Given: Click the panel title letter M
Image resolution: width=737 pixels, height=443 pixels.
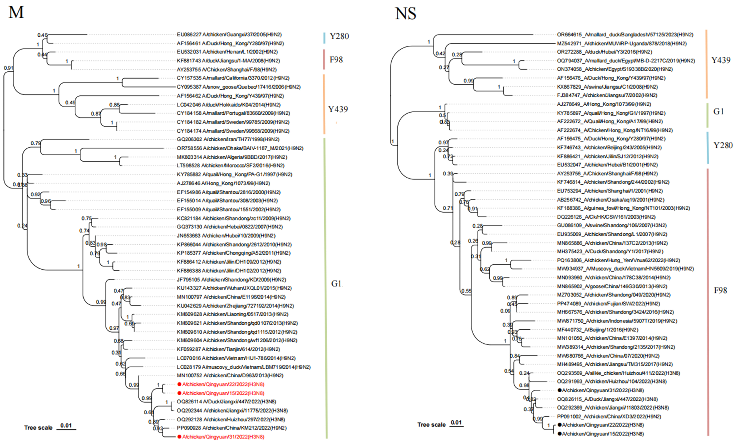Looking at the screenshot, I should click(16, 12).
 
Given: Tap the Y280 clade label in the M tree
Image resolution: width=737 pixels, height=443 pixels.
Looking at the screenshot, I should click(339, 36).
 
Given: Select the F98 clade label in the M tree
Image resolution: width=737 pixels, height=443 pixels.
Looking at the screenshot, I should click(336, 60).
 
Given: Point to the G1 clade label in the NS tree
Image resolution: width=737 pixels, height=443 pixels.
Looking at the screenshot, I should click(718, 112).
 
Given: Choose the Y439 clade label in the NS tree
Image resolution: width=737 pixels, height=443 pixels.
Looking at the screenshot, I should click(720, 60).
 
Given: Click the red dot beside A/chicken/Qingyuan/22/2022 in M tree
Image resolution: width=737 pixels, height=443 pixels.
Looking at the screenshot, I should click(179, 384).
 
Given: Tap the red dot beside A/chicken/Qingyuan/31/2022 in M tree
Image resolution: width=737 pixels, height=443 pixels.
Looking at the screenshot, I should click(179, 437).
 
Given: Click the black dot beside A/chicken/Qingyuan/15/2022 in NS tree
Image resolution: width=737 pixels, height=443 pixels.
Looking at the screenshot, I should click(559, 434).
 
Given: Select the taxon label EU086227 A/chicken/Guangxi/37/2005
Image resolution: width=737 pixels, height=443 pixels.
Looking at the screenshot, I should click(229, 35).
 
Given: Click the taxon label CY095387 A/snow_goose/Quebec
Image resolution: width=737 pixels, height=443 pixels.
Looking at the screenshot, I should click(239, 87).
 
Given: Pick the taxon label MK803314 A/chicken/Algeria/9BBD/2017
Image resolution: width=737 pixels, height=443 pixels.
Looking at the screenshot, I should click(232, 157).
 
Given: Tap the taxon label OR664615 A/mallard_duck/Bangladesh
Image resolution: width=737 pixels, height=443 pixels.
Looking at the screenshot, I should click(625, 35).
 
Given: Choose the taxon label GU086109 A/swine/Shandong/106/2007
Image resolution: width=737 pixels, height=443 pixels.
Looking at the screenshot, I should click(611, 225).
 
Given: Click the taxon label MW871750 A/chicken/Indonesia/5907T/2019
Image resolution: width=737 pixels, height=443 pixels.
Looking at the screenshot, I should click(617, 321).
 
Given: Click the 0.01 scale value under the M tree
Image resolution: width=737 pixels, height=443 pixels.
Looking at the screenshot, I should click(66, 425).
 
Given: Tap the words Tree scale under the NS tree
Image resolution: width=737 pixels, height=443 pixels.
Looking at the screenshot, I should click(431, 424).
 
